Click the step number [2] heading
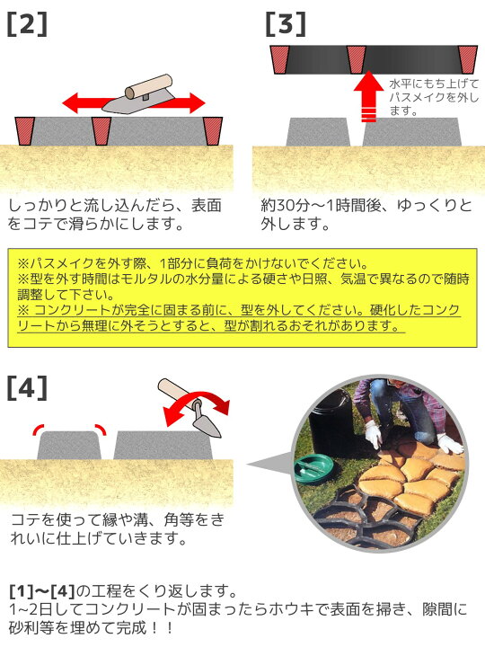pyautogui.click(x=27, y=24)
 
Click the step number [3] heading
pyautogui.click(x=286, y=24)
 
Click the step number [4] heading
pyautogui.click(x=27, y=388)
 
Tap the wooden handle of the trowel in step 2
pyautogui.click(x=148, y=86)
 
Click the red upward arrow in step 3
pyautogui.click(x=369, y=96)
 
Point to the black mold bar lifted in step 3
pyautogui.click(x=374, y=60)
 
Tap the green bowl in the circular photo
pyautogui.click(x=313, y=467)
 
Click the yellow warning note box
pyautogui.click(x=242, y=297)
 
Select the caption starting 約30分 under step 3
pyautogui.click(x=366, y=215)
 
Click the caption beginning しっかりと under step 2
pyautogui.click(x=115, y=215)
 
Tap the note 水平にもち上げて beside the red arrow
pyautogui.click(x=434, y=97)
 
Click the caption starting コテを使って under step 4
pyautogui.click(x=117, y=528)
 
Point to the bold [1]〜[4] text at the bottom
pyautogui.click(x=42, y=591)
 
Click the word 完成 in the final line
pyautogui.click(x=132, y=627)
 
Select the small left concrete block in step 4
pyautogui.click(x=69, y=446)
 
